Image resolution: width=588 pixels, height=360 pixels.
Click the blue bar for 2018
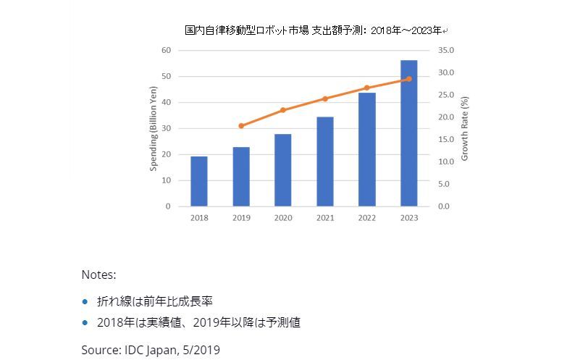point(199,181)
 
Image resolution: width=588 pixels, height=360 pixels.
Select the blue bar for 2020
point(283,170)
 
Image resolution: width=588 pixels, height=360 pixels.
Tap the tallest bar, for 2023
point(409,134)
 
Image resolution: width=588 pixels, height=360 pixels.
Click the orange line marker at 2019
point(241,126)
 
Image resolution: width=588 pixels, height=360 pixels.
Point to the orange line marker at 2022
point(367,88)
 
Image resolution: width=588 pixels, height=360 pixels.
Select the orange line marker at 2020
point(283,110)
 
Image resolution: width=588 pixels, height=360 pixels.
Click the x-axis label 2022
point(367,217)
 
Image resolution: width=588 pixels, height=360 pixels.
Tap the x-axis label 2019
point(241,217)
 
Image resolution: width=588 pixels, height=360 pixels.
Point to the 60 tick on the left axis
point(166,50)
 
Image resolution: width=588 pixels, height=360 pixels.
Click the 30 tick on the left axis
point(166,128)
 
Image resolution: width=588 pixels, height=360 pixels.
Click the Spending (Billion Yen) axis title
point(154,128)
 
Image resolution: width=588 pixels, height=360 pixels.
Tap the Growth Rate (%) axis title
point(465,128)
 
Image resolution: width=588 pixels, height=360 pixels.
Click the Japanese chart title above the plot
point(316,30)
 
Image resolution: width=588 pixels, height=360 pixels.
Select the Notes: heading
point(98,275)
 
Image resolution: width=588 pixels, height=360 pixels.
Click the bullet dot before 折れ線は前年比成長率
point(85,301)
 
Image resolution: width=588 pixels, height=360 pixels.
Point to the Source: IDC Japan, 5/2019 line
point(151,349)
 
